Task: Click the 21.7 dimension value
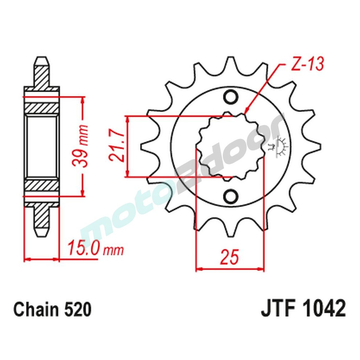pos(116,147)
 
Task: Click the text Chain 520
pos(52,310)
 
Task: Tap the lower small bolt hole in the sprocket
pos(230,196)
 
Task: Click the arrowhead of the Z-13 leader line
pos(245,113)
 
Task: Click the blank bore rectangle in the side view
pos(42,147)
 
